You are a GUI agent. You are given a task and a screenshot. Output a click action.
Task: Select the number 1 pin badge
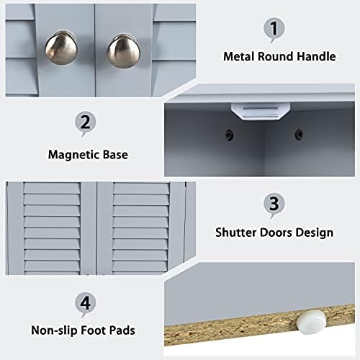tap(272, 30)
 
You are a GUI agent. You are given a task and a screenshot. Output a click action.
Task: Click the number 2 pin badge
tap(85, 123)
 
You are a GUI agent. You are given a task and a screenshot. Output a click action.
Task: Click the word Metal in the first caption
tap(239, 55)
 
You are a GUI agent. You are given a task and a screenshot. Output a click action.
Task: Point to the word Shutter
tap(236, 233)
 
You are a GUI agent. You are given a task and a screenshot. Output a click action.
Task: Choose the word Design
tap(315, 233)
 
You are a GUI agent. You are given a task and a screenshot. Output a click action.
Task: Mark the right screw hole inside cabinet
tap(297, 132)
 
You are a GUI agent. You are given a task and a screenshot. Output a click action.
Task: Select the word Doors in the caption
tap(276, 233)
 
